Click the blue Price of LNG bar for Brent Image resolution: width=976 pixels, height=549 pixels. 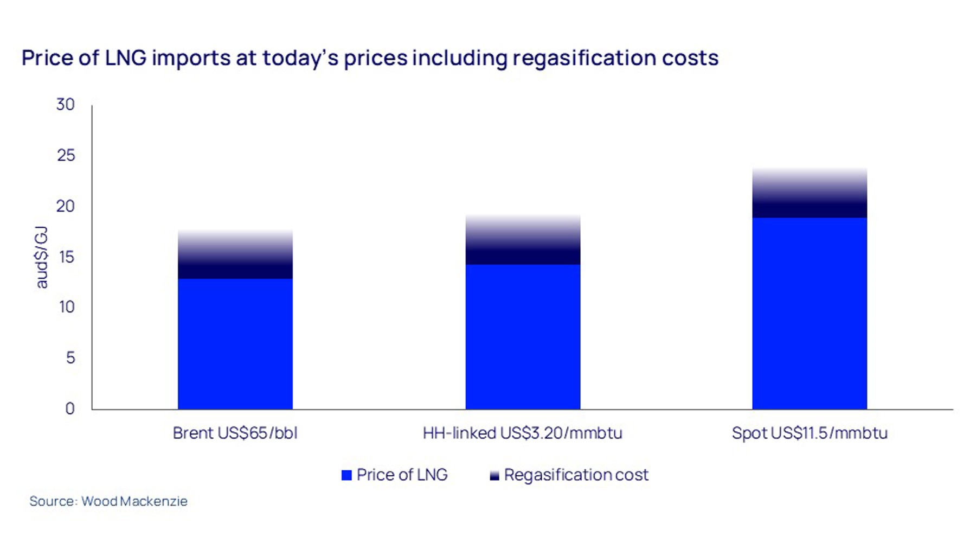235,343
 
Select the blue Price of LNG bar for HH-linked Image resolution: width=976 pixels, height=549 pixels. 523,336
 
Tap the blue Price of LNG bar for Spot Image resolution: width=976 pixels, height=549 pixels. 809,313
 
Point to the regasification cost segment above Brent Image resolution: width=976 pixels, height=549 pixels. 235,255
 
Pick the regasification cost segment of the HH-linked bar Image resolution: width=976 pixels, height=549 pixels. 523,240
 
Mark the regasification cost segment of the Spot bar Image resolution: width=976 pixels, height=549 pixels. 809,194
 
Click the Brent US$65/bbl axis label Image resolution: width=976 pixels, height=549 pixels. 235,433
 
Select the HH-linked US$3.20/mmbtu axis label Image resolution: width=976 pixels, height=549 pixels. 523,433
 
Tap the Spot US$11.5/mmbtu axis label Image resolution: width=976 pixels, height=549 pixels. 810,433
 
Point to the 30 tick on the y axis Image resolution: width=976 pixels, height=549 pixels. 66,104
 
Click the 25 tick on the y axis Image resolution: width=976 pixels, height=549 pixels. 66,155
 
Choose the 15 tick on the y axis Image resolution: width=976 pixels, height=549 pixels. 66,257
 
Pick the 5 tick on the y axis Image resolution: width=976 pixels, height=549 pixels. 70,358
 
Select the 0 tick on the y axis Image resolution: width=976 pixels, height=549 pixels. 70,408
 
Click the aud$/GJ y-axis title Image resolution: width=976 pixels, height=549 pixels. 42,257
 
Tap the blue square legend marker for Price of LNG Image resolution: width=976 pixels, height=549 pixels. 346,475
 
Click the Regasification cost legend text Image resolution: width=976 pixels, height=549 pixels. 576,475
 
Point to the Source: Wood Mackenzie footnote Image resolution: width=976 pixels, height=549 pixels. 108,501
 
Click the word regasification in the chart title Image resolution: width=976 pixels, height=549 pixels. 583,58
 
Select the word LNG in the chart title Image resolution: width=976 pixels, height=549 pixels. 126,58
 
